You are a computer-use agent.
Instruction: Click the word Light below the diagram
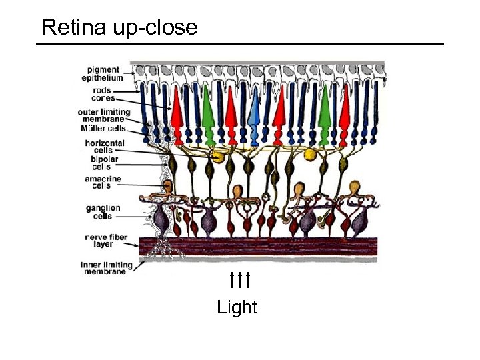coord(237,307)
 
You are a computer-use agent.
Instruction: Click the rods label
coord(102,90)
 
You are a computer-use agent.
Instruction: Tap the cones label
coord(103,99)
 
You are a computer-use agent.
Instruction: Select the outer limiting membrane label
coord(103,115)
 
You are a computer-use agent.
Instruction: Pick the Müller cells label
coord(103,128)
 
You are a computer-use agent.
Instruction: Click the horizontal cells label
coord(105,147)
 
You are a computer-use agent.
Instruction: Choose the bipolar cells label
coord(102,163)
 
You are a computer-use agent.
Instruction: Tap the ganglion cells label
coord(103,211)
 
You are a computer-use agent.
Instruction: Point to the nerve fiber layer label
coord(103,241)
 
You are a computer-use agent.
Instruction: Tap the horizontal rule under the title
coord(240,45)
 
